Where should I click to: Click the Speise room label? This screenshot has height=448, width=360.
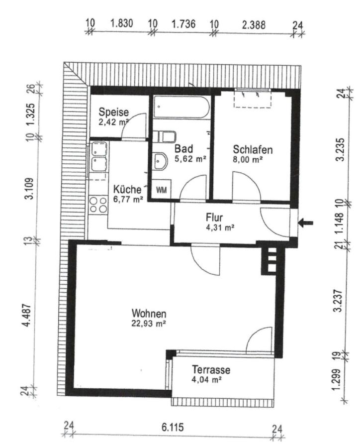tap(114, 112)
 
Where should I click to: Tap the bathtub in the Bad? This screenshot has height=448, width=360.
tap(181, 107)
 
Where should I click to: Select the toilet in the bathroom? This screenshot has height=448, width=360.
tap(164, 137)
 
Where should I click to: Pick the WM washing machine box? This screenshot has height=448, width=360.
tap(161, 190)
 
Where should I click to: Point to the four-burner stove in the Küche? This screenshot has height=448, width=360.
tap(98, 205)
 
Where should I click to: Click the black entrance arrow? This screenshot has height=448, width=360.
tap(305, 223)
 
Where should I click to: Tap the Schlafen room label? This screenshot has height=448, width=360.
tap(253, 149)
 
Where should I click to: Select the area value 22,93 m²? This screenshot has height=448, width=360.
tap(149, 324)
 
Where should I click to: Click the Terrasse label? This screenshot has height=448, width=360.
tap(211, 370)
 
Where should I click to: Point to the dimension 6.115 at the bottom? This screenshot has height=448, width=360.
tap(173, 428)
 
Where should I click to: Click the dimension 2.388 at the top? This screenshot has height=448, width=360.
tap(254, 25)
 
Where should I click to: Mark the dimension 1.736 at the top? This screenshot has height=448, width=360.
tap(183, 24)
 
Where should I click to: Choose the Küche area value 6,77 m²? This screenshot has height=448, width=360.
tap(128, 199)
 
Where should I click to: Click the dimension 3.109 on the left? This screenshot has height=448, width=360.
tap(29, 189)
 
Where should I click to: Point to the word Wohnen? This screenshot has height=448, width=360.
tap(149, 314)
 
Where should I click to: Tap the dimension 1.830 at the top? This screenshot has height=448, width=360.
tap(122, 23)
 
